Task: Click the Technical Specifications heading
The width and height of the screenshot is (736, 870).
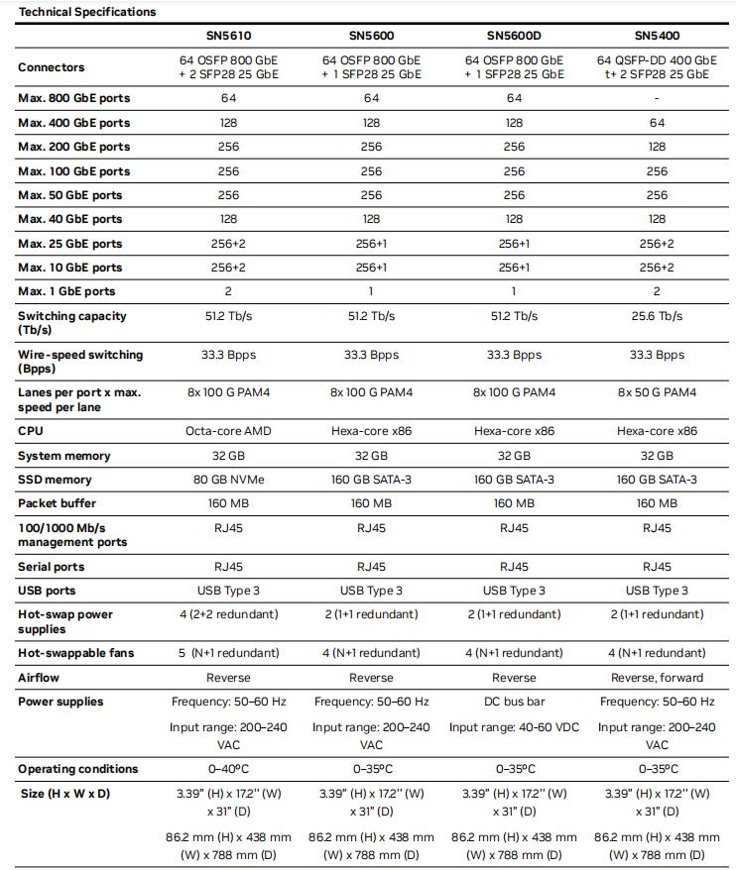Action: tap(87, 12)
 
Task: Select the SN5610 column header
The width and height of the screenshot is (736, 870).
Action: tap(228, 37)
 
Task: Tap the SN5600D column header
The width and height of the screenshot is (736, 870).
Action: tap(514, 37)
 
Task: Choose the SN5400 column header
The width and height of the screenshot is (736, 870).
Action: tap(657, 37)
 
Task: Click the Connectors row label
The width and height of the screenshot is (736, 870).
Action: tap(52, 67)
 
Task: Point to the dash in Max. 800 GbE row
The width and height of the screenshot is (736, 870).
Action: tap(657, 99)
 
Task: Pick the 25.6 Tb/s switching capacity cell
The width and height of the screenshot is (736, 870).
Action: tap(657, 316)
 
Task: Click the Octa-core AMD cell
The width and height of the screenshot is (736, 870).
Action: tap(228, 432)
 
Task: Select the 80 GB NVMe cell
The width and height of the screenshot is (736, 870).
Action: tap(228, 480)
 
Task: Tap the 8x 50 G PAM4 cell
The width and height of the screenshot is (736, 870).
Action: tap(657, 393)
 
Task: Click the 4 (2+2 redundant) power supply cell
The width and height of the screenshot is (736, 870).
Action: tap(228, 614)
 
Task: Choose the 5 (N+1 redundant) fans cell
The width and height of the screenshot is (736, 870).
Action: tap(228, 653)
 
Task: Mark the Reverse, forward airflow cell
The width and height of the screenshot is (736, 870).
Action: tap(657, 678)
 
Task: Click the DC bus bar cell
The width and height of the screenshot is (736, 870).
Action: tap(514, 702)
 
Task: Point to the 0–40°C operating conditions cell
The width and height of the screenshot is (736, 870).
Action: tap(228, 769)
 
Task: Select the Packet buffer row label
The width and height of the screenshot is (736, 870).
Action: tap(59, 503)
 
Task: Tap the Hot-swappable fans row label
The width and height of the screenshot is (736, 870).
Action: tap(75, 653)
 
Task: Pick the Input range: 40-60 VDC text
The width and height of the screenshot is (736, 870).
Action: tap(514, 727)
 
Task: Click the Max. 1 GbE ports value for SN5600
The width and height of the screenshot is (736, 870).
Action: tap(371, 291)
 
